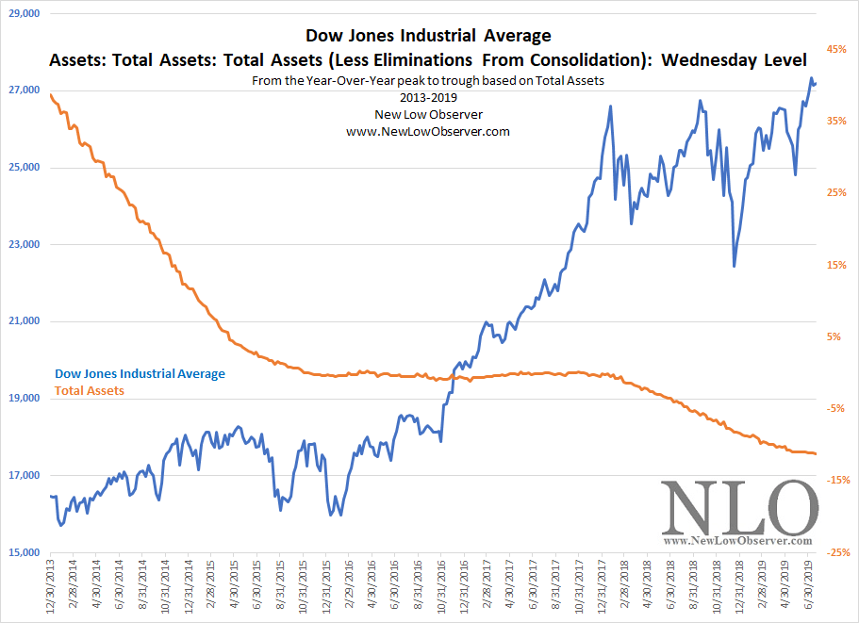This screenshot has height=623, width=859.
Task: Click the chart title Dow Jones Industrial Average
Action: pos(428,37)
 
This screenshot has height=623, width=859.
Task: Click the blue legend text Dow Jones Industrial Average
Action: pos(140,374)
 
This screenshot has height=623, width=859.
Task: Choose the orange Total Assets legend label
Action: pos(90,390)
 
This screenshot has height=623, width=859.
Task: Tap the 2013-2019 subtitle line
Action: pos(428,98)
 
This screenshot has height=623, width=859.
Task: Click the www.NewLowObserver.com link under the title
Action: pos(428,132)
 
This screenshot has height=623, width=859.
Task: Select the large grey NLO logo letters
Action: pos(738,510)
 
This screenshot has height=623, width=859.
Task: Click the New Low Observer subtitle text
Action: pos(428,115)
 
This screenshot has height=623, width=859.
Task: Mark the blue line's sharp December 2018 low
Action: pos(734,266)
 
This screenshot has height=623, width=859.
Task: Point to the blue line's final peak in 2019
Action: pos(812,78)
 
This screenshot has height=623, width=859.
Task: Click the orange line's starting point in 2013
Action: pos(49,93)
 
